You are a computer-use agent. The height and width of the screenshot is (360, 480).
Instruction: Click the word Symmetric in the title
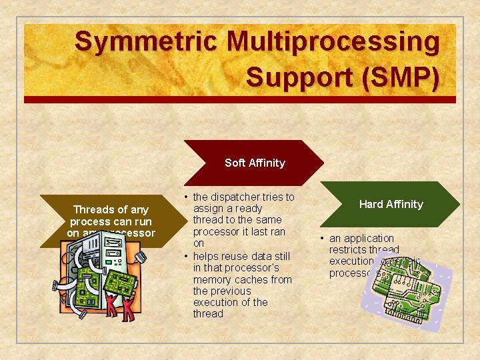click(145, 42)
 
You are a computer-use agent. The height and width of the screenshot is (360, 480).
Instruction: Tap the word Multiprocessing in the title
click(333, 42)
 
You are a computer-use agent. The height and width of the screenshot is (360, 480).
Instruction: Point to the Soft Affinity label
click(255, 163)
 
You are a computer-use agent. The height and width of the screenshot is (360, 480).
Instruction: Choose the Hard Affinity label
click(391, 204)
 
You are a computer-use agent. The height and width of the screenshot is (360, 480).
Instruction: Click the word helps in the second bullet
click(206, 256)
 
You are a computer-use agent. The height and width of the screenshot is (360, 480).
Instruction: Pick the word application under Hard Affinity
click(371, 238)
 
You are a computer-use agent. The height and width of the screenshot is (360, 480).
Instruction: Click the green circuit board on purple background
click(400, 293)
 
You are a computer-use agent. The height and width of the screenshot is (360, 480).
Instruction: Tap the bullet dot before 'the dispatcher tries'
click(186, 197)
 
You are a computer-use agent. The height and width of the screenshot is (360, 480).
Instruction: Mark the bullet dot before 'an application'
click(322, 239)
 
